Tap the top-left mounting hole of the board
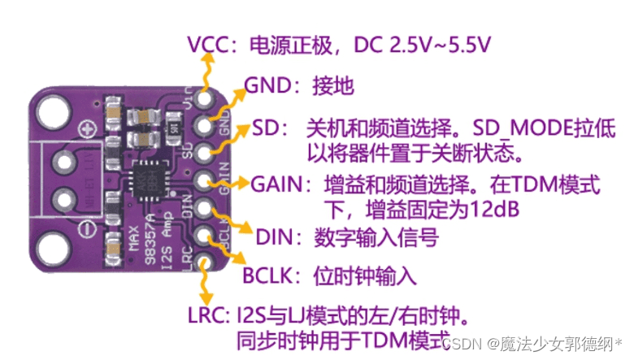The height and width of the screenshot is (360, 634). [50, 106]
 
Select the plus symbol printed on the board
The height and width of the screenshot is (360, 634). [85, 130]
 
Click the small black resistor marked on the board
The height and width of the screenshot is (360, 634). [172, 126]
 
